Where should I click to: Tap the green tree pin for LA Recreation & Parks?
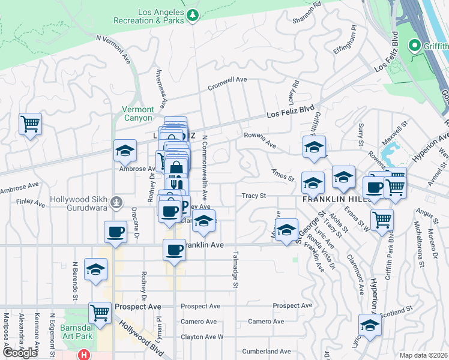(x=193, y=14)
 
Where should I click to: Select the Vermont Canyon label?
(x=137, y=113)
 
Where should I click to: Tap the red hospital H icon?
(x=84, y=355)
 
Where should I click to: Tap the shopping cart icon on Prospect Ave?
(x=100, y=312)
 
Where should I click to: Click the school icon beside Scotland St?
(x=370, y=325)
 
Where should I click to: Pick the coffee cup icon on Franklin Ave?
(x=175, y=249)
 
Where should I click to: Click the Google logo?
(x=20, y=353)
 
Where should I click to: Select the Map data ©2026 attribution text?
(x=423, y=355)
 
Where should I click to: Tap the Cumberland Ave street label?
(x=266, y=352)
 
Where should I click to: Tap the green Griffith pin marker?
(x=414, y=45)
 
